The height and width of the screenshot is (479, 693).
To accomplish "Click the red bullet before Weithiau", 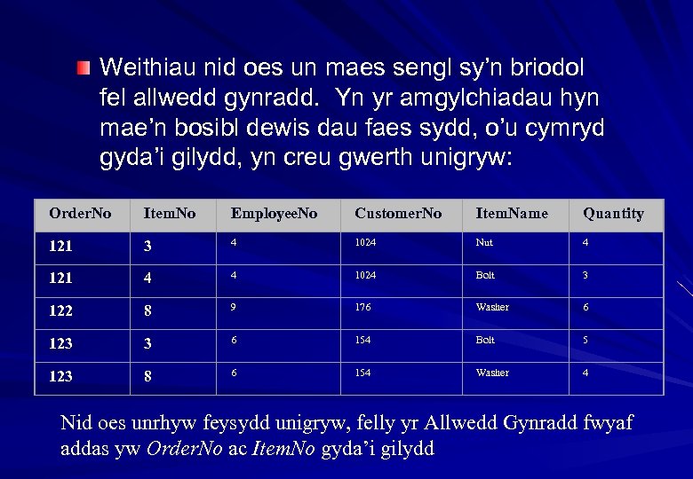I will [83, 68].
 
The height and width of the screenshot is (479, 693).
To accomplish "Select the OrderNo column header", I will [80, 214].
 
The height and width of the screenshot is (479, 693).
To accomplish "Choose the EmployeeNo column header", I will [274, 214].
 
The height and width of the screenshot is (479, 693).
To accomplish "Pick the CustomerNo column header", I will [397, 214].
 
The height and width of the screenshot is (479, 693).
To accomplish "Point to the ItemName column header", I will [512, 214].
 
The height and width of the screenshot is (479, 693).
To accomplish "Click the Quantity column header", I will [613, 214].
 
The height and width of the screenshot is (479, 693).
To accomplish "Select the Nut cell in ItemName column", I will [484, 242].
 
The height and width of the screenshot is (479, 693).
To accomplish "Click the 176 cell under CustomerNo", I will [362, 308].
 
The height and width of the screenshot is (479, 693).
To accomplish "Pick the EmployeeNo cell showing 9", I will [234, 308].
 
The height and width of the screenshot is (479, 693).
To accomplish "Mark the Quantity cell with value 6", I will [585, 308].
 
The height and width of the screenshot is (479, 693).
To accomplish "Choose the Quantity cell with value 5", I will [585, 341].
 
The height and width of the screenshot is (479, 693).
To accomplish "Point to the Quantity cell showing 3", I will [585, 275].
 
